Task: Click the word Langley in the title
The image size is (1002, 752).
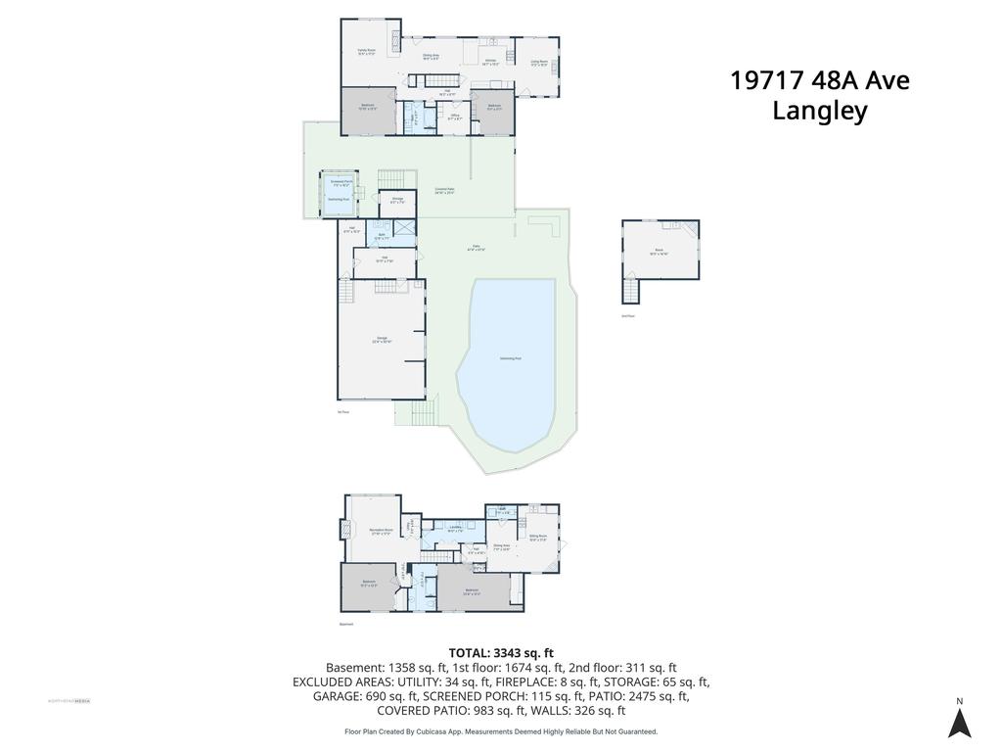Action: click(820, 111)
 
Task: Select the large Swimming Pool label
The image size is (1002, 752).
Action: click(510, 359)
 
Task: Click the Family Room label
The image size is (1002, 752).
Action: click(367, 53)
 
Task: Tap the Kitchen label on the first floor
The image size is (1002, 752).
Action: click(492, 61)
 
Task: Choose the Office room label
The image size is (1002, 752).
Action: click(455, 117)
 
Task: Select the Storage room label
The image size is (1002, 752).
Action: click(398, 200)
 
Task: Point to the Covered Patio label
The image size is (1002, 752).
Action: click(446, 192)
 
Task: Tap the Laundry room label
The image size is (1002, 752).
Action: click(455, 528)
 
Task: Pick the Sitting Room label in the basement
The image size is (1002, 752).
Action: click(538, 538)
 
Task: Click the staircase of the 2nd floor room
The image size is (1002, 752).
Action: click(631, 291)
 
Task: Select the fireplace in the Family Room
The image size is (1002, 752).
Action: click(395, 40)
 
